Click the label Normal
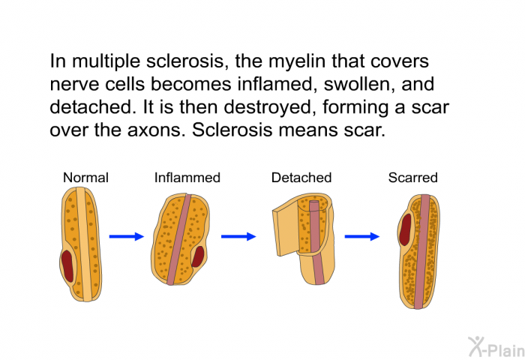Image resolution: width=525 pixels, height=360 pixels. coord(85,178)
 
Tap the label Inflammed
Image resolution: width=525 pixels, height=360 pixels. coord(187,178)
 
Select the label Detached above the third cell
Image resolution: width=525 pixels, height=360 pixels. coord(301,178)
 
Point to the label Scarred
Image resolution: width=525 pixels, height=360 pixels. coord(412,178)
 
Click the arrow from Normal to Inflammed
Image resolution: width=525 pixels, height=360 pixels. coord(127,236)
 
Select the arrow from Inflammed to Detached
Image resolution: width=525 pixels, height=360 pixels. coord(238,236)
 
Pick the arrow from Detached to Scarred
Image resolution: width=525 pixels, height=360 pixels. coord(362,236)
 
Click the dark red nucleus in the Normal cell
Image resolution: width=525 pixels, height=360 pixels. coord(67,266)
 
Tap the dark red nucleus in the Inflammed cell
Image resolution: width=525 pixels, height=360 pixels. coord(198,256)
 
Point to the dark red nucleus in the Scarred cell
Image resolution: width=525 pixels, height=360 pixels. coord(406,229)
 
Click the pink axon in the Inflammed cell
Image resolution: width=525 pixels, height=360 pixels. coord(178,239)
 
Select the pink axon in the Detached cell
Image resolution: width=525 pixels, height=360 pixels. coord(316,243)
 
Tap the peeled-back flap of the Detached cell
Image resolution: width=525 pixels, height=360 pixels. coord(285,232)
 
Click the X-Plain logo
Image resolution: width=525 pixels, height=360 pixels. coord(496,346)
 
